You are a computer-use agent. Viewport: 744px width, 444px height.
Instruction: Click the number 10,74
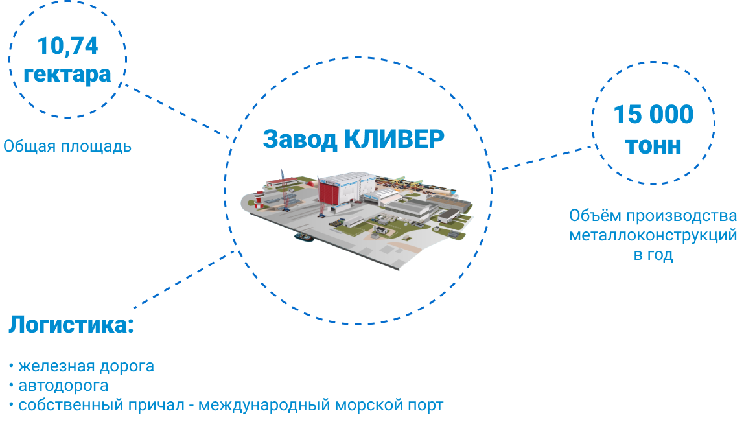(x=67, y=46)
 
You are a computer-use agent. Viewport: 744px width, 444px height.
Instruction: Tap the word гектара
(x=67, y=74)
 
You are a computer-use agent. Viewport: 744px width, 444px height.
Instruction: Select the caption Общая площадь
(x=67, y=146)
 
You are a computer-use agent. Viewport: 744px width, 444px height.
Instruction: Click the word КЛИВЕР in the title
(x=393, y=139)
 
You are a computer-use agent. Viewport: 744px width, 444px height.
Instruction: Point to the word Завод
(x=299, y=139)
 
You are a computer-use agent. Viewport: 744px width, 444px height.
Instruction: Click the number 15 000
(x=653, y=115)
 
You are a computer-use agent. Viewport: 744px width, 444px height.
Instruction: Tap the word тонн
(x=653, y=145)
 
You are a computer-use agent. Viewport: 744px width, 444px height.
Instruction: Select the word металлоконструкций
(x=653, y=235)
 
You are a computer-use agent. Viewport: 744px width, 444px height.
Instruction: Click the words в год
(x=653, y=255)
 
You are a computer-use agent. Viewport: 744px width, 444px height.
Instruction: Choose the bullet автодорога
(x=63, y=386)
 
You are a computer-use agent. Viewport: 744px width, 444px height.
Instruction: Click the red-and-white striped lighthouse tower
(x=260, y=199)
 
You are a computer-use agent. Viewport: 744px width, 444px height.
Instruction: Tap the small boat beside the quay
(x=304, y=237)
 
